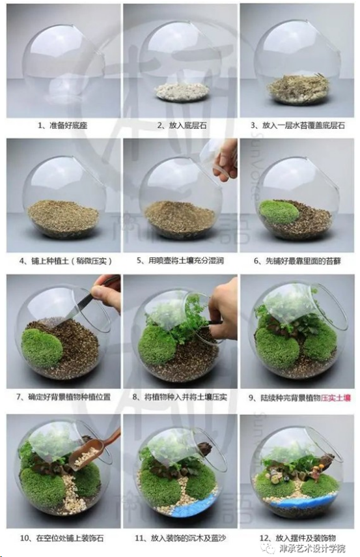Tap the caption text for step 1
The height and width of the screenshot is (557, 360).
pos(63,125)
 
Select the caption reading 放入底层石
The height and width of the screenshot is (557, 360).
pos(182,125)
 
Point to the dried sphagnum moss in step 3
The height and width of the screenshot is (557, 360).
pos(299,85)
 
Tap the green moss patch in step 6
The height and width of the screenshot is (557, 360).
pos(279,212)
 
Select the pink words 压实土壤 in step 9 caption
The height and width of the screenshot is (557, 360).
pos(335,397)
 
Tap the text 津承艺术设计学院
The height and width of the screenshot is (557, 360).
pos(312,548)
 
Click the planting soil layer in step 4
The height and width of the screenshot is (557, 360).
pos(63,216)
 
